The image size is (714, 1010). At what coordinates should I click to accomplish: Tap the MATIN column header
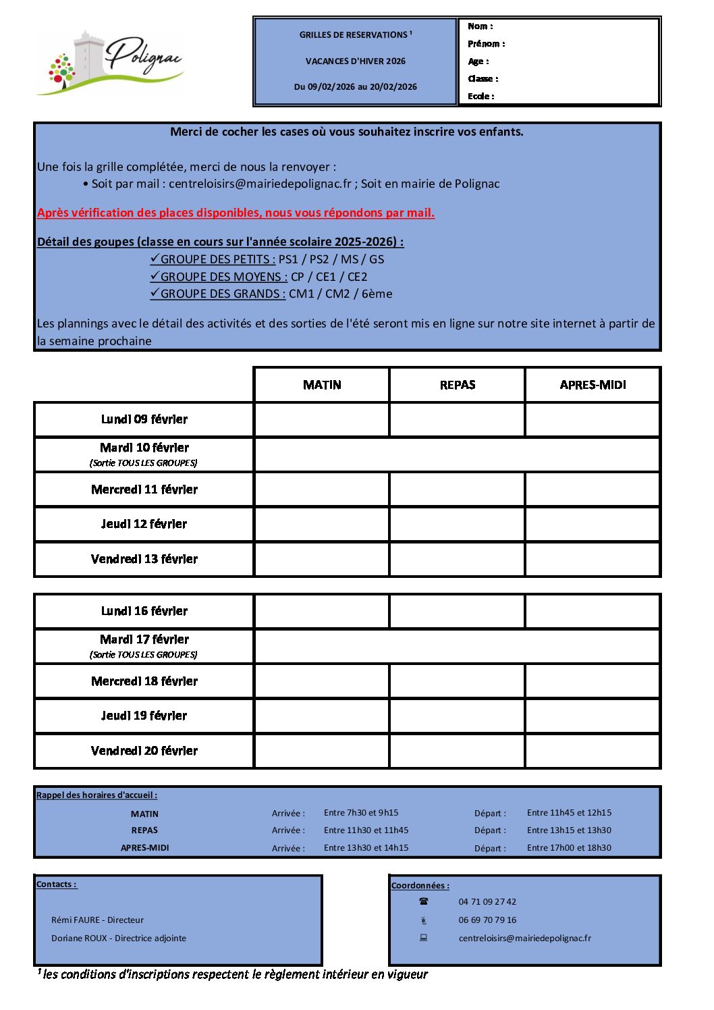click(x=322, y=385)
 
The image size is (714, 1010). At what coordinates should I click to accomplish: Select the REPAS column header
click(x=458, y=385)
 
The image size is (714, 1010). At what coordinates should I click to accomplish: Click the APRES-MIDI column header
click(x=593, y=385)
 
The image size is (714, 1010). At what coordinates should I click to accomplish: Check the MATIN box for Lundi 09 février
click(x=322, y=419)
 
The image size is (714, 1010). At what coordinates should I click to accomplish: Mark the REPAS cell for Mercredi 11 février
click(x=458, y=489)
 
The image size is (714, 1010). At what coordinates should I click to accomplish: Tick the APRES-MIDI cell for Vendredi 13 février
click(x=593, y=559)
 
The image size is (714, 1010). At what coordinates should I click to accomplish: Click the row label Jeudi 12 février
click(x=144, y=524)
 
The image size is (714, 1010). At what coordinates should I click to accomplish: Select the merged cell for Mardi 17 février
click(x=457, y=646)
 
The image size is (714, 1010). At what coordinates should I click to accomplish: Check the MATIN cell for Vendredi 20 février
click(x=322, y=751)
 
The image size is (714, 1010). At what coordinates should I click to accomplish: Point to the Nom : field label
click(x=480, y=26)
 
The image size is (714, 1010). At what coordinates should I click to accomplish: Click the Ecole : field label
click(x=481, y=97)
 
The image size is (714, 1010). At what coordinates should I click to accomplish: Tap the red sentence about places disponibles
click(x=236, y=213)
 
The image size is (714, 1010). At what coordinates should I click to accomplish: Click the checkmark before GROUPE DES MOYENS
click(x=155, y=276)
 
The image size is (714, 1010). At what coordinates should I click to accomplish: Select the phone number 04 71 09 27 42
click(x=487, y=902)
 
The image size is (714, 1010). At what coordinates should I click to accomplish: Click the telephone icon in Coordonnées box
click(x=424, y=902)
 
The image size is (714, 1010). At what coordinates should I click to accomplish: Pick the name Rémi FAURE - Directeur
click(x=97, y=920)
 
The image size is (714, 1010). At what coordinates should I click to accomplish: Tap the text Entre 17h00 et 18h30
click(x=569, y=848)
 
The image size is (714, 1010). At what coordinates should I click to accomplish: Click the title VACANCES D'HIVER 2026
click(x=356, y=61)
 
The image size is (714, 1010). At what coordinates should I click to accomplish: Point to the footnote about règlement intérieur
click(x=233, y=974)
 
